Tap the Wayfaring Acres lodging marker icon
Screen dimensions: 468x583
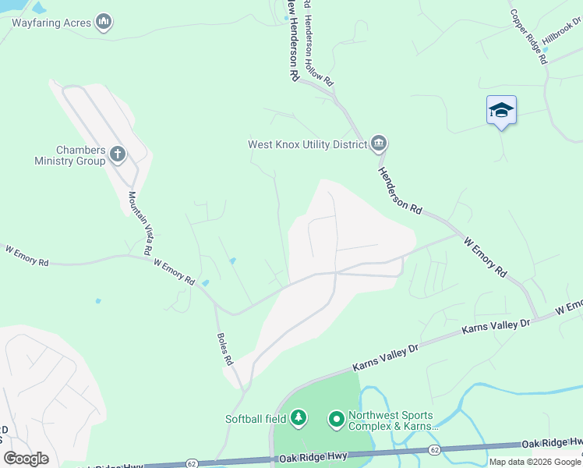[x=104, y=22]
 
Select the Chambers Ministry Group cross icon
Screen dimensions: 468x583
[x=118, y=154]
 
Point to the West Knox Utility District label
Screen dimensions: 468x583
[x=306, y=144]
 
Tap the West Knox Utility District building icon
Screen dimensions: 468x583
[x=379, y=144]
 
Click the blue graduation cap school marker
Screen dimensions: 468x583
[x=501, y=111]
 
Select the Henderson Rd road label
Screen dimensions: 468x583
[x=400, y=191]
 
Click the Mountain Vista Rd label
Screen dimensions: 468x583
[x=138, y=224]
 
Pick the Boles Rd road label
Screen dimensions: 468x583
[x=224, y=350]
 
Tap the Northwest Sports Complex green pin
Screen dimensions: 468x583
[x=337, y=420]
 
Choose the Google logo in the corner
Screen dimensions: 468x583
[x=26, y=459]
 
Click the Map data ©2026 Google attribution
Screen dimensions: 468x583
[x=535, y=462]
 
